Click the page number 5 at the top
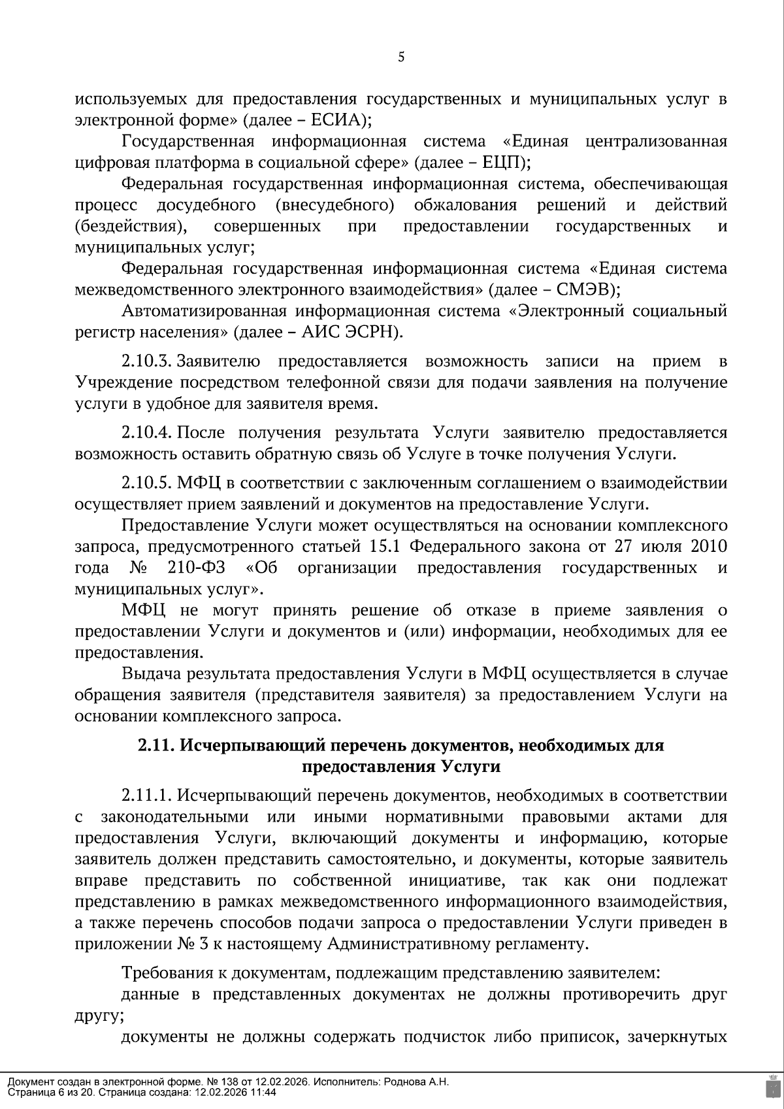pos(401,57)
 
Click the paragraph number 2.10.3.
pos(146,362)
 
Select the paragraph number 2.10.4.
pos(146,433)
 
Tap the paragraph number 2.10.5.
pos(146,483)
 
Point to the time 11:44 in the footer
pos(265,1092)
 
